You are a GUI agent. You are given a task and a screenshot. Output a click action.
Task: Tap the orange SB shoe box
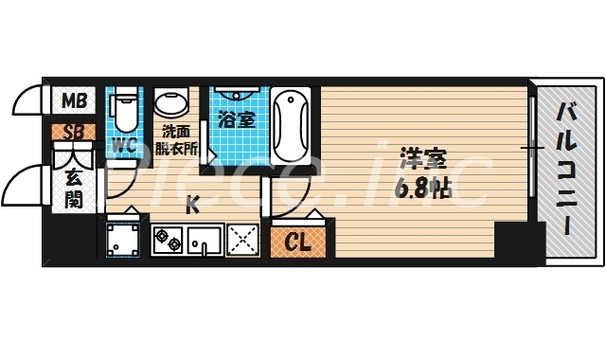click(x=72, y=131)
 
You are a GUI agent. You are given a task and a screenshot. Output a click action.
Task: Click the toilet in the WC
click(x=123, y=109)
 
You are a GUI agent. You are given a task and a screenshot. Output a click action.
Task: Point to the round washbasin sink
click(x=171, y=102)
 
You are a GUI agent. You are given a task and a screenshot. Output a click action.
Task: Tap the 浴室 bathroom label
click(x=235, y=120)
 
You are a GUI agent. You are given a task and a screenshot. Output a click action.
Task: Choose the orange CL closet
click(x=299, y=243)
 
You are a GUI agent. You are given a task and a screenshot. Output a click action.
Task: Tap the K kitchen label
click(x=191, y=203)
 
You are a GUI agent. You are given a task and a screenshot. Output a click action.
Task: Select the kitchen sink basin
click(x=205, y=241)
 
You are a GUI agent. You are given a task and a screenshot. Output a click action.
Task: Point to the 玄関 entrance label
click(x=73, y=187)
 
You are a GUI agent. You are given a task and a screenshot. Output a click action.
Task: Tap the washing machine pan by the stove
click(x=122, y=241)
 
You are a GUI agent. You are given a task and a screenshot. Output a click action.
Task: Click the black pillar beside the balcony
click(x=514, y=243)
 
